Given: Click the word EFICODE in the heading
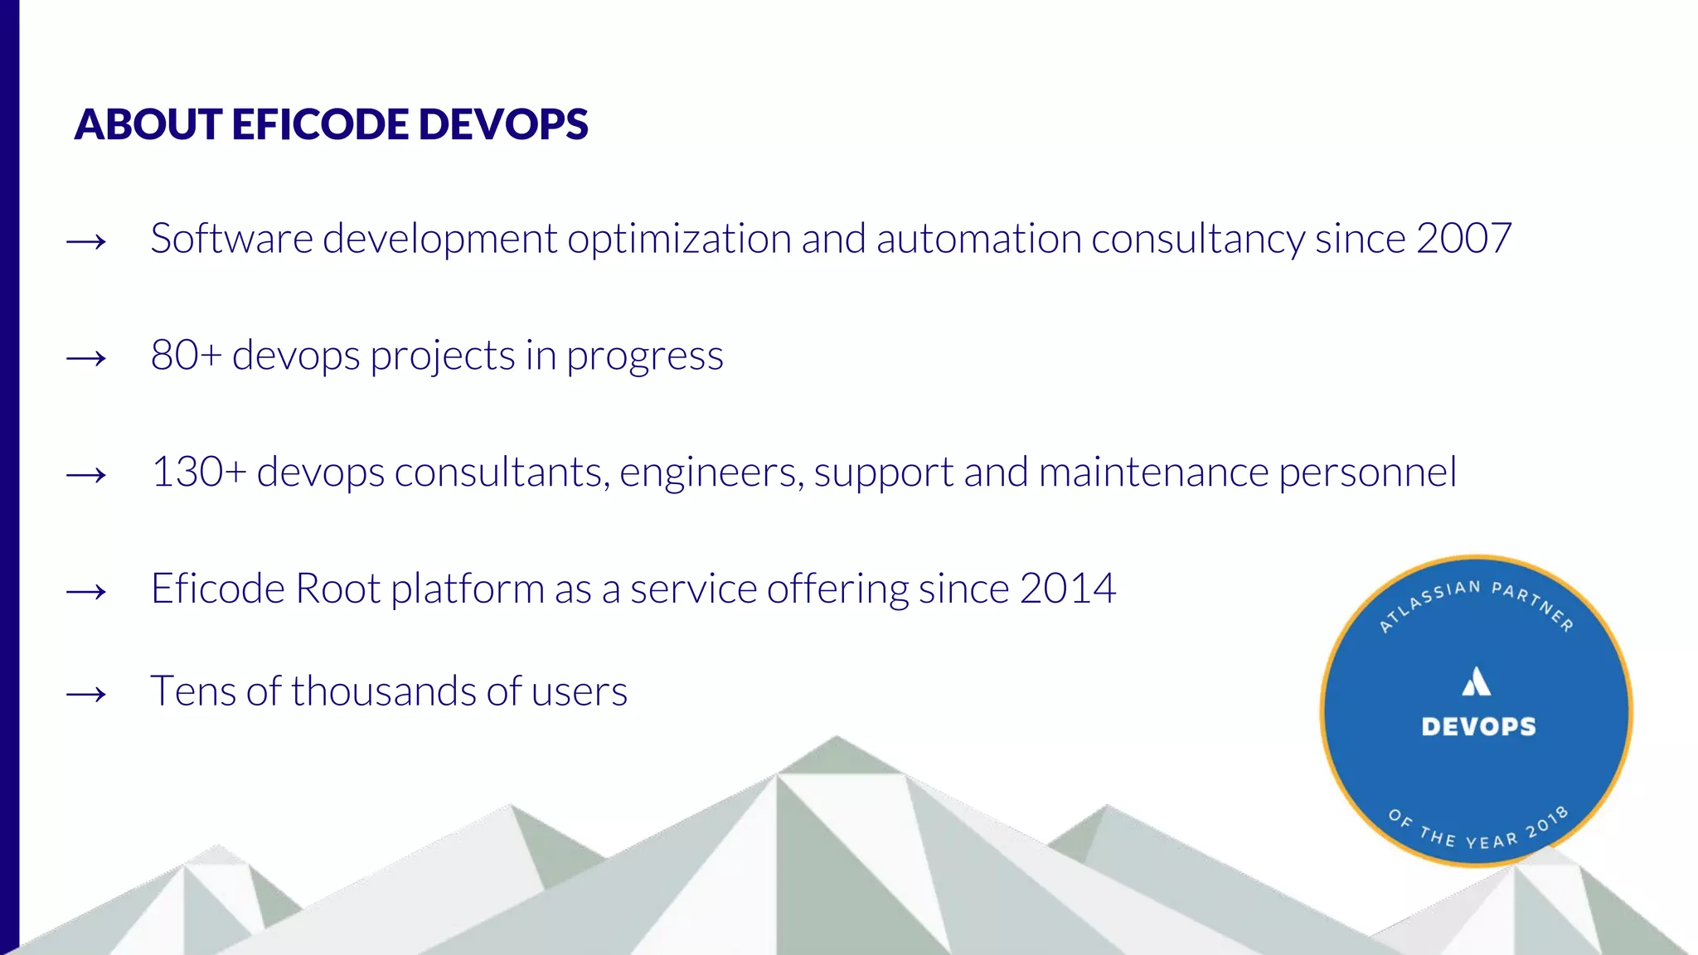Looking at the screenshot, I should click(320, 124).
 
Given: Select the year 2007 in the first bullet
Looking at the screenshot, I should click(1463, 239).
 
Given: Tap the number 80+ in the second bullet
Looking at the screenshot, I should click(186, 356).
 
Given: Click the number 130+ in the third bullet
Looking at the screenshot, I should click(198, 473).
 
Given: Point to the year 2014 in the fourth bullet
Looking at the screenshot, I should click(1067, 589).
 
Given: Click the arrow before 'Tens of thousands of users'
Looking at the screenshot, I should click(86, 694).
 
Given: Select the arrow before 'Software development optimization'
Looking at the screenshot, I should click(86, 242).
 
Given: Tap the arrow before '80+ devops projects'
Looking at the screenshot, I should click(86, 359).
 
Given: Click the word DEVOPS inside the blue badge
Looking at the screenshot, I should click(1478, 727).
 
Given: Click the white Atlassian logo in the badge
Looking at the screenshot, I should click(1477, 681).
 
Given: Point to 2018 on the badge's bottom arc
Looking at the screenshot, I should click(1547, 820).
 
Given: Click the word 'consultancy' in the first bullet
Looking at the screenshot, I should click(1197, 239).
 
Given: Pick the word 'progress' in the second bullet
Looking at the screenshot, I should click(644, 357).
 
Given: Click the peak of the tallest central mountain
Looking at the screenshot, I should click(836, 737).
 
